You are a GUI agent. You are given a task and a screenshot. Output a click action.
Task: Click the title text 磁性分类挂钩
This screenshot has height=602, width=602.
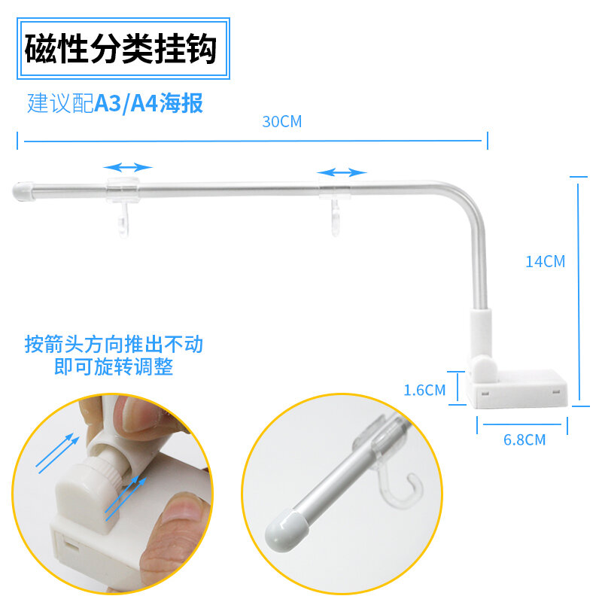(x=121, y=48)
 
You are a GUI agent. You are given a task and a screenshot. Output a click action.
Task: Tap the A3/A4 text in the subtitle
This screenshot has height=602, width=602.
(x=126, y=103)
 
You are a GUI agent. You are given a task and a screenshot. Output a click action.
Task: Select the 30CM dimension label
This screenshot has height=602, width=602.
(x=281, y=122)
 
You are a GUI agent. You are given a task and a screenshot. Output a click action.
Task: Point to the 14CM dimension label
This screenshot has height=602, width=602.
(x=545, y=262)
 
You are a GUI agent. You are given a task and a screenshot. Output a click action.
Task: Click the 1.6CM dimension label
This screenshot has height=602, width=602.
(x=424, y=391)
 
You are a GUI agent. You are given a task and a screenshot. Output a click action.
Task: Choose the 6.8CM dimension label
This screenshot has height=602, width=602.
(x=524, y=440)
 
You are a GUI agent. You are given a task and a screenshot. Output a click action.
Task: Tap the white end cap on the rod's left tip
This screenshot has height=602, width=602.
(x=23, y=191)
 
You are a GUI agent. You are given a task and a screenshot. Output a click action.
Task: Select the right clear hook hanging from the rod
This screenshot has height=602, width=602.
(x=336, y=217)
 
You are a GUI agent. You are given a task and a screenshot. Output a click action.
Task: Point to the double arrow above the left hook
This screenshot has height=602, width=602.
(x=128, y=167)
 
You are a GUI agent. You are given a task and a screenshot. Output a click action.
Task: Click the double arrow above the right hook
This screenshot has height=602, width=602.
(x=342, y=172)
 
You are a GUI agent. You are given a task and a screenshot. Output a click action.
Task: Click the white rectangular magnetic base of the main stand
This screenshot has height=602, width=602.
(x=518, y=388)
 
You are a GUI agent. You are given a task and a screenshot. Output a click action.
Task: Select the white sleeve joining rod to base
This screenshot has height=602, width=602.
(x=481, y=333)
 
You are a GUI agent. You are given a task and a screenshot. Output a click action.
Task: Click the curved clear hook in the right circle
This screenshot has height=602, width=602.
(x=401, y=488)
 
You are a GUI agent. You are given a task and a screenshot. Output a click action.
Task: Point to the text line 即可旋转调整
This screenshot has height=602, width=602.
(x=114, y=366)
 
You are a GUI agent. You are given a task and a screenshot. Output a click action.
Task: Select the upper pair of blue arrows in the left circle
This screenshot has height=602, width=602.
(x=58, y=453)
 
